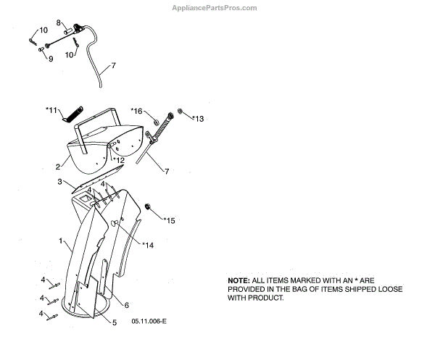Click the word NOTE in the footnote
tap(239, 280)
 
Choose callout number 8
tap(59, 23)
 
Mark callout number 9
tap(51, 59)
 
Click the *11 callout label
tap(51, 109)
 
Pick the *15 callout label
tap(170, 219)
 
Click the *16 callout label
tap(137, 110)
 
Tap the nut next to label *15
tap(148, 207)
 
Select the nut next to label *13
tap(183, 113)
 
